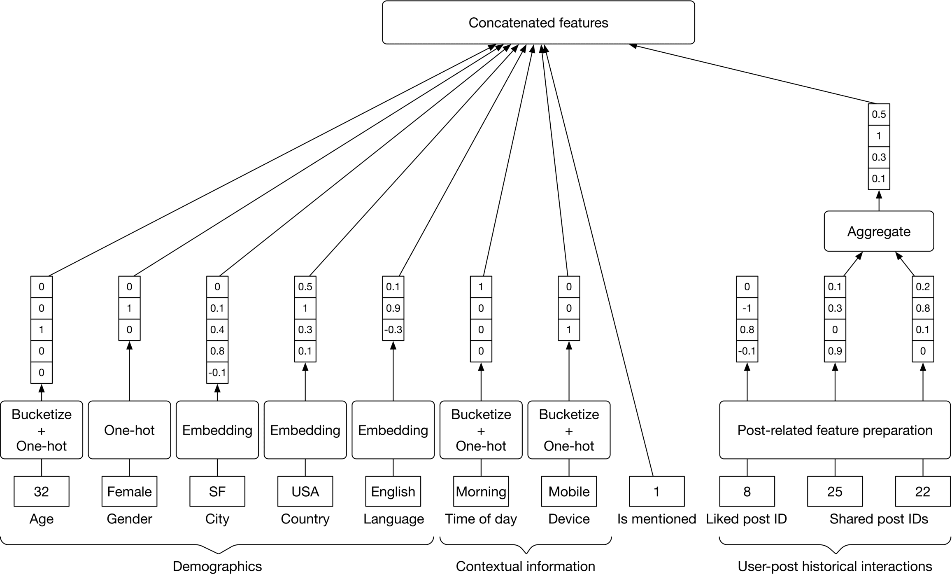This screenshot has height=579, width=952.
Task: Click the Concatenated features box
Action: pyautogui.click(x=538, y=23)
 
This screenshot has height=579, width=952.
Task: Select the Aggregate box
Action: pyautogui.click(x=878, y=231)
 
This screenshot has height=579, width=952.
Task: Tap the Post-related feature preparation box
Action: pyautogui.click(x=834, y=430)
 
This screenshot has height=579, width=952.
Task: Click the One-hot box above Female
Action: pyautogui.click(x=129, y=430)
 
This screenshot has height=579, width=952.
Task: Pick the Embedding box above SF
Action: pyautogui.click(x=217, y=430)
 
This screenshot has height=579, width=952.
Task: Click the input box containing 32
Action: pyautogui.click(x=41, y=491)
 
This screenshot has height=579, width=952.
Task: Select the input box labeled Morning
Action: pyautogui.click(x=481, y=491)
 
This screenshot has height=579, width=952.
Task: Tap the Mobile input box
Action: pyautogui.click(x=569, y=491)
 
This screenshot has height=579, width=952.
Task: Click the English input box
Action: pyautogui.click(x=393, y=491)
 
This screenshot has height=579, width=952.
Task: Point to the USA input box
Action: pyautogui.click(x=305, y=491)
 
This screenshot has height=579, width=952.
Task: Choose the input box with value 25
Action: pyautogui.click(x=835, y=491)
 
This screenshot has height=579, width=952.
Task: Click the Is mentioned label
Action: pyautogui.click(x=656, y=519)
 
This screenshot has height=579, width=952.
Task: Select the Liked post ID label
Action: pyautogui.click(x=746, y=519)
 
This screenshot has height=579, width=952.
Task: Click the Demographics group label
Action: pyautogui.click(x=217, y=566)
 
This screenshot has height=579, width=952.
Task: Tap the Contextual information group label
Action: pyautogui.click(x=525, y=566)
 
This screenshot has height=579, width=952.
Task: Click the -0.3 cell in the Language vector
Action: pyautogui.click(x=393, y=330)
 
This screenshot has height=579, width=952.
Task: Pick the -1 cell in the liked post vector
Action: pyautogui.click(x=747, y=308)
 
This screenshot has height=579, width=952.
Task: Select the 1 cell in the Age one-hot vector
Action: pyautogui.click(x=41, y=330)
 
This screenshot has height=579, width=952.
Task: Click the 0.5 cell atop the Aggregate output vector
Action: pyautogui.click(x=878, y=114)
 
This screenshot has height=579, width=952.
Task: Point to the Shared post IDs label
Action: pyautogui.click(x=878, y=519)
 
